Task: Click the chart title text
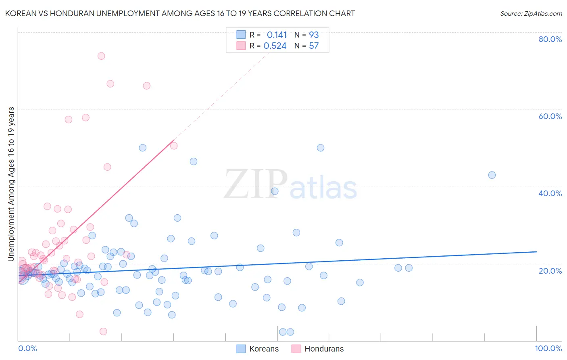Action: click(180, 13)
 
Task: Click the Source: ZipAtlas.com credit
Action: click(531, 13)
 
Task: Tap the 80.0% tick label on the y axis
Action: click(550, 39)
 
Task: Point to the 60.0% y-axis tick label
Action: click(550, 116)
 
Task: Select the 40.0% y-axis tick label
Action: click(550, 193)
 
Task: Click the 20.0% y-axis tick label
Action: click(550, 270)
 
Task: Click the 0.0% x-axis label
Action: click(27, 348)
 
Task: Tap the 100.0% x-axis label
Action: click(548, 348)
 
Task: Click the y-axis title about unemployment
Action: click(11, 184)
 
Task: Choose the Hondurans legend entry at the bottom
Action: click(318, 349)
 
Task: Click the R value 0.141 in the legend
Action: click(277, 35)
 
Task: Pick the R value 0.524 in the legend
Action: click(275, 46)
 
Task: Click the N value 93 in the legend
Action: click(314, 35)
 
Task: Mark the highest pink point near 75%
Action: click(101, 56)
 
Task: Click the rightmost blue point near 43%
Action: click(492, 175)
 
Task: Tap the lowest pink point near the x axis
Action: click(103, 331)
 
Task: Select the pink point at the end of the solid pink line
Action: click(174, 146)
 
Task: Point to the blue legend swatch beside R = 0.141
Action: click(241, 35)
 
